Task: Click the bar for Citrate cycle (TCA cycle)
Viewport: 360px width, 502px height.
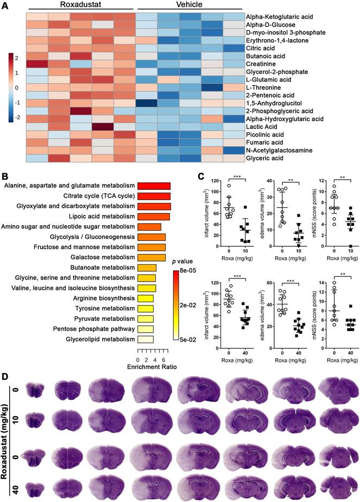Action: (x=154, y=196)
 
